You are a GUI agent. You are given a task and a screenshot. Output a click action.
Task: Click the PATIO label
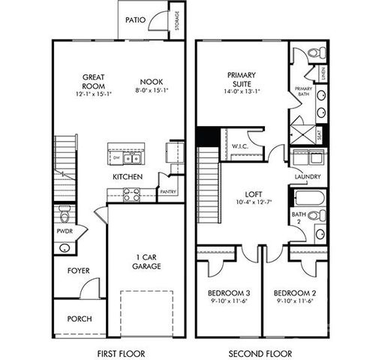tap(136, 20)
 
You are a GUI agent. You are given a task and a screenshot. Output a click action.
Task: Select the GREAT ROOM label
tap(93, 82)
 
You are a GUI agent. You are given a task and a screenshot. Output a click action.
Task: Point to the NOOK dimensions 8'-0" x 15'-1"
tap(151, 91)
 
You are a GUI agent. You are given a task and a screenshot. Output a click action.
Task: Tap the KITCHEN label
tap(128, 177)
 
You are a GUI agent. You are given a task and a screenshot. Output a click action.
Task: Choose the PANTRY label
tap(168, 191)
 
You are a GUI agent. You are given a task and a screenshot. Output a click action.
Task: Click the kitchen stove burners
tap(132, 194)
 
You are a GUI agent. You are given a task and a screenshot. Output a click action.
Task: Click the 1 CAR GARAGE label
tap(147, 261)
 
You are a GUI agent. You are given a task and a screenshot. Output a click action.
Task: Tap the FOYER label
tap(79, 270)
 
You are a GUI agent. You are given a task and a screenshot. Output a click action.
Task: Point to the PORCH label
tap(80, 319)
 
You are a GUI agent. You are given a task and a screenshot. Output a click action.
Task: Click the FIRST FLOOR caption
tap(121, 352)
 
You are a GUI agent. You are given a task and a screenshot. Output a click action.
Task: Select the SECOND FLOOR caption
tap(262, 352)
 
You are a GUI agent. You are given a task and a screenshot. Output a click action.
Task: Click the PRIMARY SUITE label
tap(242, 79)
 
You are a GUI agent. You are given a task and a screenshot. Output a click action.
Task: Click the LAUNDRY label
tap(308, 177)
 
